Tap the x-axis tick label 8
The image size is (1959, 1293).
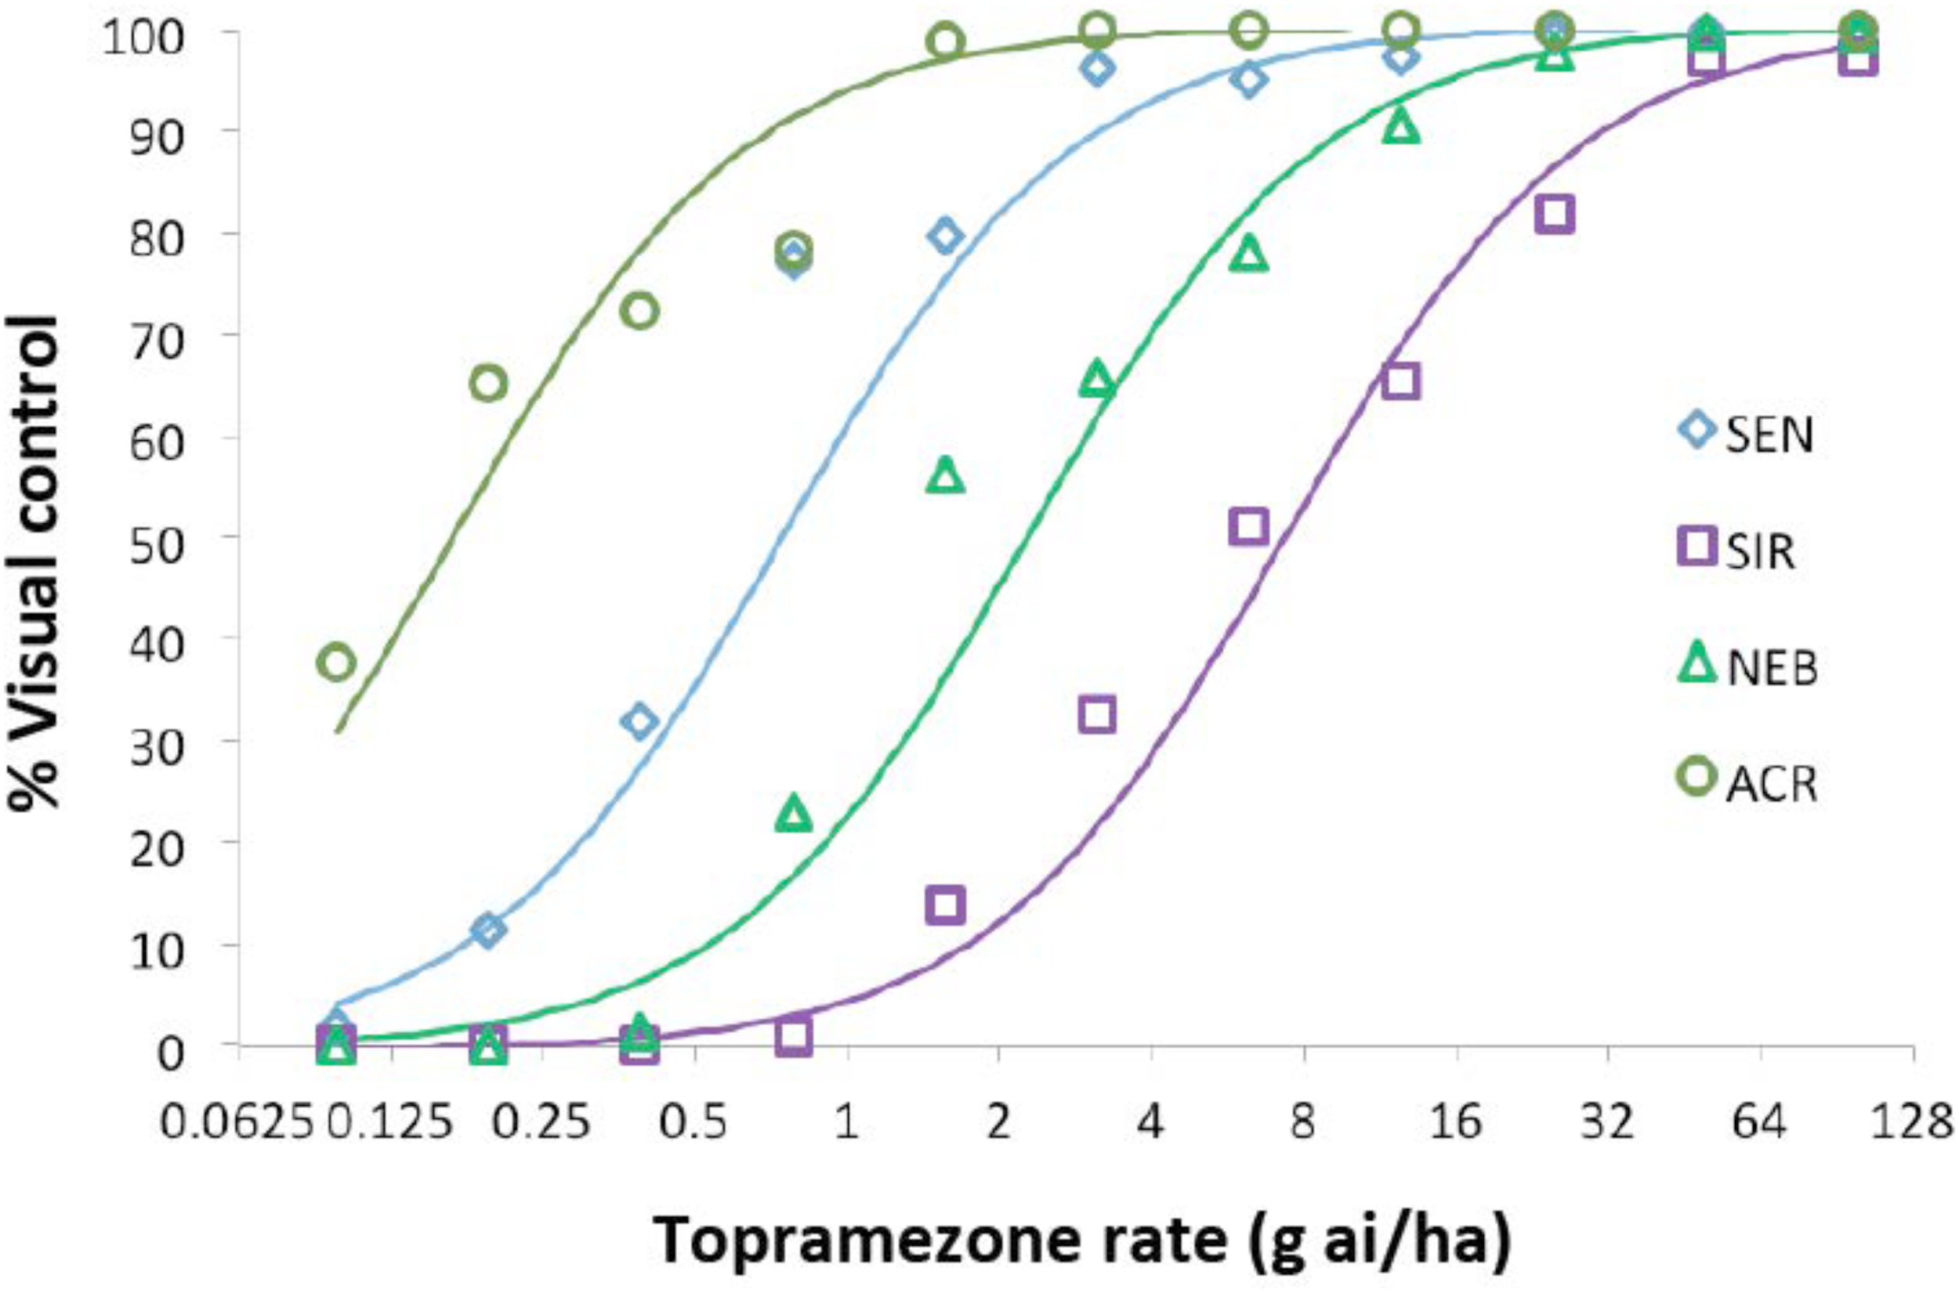pos(1303,1123)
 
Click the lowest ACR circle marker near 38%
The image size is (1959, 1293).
pos(336,663)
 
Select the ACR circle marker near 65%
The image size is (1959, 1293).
pos(488,384)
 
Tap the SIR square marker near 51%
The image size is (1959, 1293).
pos(1249,526)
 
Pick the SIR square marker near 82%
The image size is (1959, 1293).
pos(1554,215)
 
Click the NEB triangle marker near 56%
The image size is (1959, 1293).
pos(945,476)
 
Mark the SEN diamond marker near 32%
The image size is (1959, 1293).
pos(640,721)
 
